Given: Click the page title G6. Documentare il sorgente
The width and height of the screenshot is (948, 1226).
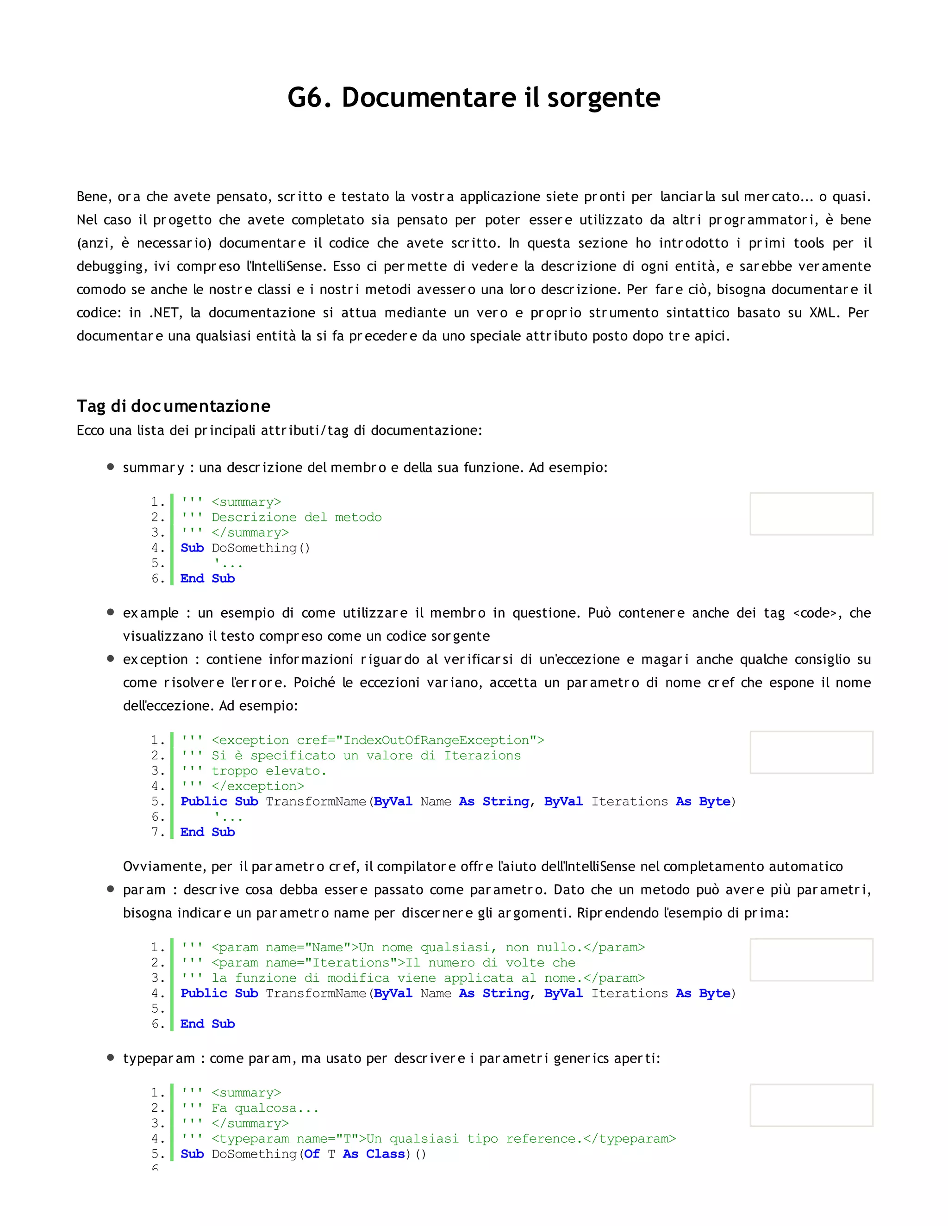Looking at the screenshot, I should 474,98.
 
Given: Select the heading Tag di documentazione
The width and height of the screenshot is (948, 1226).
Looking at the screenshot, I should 174,406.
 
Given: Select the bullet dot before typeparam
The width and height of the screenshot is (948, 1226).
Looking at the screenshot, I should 111,1058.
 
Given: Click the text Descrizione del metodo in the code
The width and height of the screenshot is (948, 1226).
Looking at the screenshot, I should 297,517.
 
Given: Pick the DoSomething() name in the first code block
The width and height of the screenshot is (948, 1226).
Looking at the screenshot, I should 261,548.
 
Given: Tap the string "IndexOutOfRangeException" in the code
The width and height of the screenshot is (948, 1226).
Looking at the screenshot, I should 436,740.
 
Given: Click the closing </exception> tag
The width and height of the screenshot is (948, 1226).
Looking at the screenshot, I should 258,786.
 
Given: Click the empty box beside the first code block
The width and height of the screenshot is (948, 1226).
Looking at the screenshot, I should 811,514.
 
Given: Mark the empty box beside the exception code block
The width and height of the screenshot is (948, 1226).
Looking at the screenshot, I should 811,752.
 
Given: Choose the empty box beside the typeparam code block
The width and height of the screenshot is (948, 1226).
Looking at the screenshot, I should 811,1105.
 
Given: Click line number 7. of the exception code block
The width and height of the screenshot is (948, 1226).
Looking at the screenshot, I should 158,832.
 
